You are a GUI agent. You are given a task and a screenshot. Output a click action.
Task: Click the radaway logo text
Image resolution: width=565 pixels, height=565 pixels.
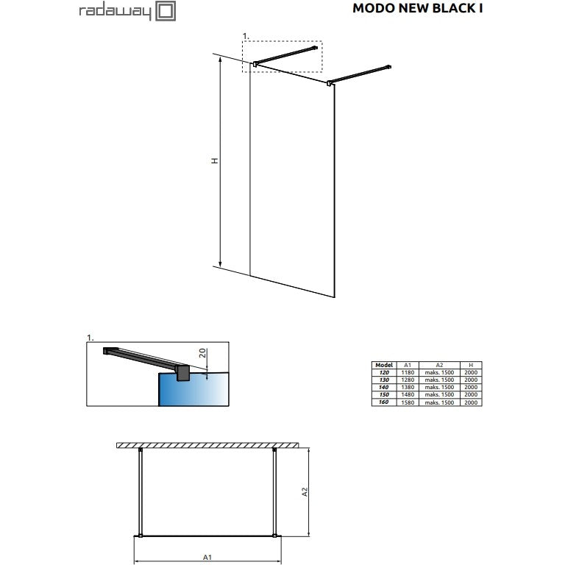coord(115,12)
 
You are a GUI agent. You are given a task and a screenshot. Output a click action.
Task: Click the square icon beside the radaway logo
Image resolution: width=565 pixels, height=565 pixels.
coord(166,11)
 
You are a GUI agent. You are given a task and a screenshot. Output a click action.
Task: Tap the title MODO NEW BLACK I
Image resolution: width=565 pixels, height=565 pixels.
coord(418,8)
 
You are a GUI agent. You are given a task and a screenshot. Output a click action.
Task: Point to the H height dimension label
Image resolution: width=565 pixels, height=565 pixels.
coord(215,160)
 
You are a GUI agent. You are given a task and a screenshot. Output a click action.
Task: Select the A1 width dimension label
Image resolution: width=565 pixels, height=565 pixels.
coord(207,558)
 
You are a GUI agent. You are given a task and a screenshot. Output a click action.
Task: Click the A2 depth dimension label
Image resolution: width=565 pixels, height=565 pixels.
coord(305,492)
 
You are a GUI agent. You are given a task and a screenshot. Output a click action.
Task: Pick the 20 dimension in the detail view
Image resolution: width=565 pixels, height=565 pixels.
coord(203,353)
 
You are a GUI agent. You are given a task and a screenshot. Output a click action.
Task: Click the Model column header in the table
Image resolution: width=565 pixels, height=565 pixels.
coord(384,365)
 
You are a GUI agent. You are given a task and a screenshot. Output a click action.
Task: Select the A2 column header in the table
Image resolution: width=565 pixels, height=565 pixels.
coord(439,365)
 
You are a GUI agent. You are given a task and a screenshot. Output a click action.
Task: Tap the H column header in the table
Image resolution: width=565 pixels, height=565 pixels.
coord(471,365)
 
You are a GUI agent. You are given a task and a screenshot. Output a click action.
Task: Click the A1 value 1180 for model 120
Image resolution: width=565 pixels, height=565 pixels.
coord(408,372)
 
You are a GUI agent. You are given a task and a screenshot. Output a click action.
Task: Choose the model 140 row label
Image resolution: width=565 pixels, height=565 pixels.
coord(383,388)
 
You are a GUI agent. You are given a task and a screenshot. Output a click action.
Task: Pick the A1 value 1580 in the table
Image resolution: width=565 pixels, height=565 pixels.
coord(408,402)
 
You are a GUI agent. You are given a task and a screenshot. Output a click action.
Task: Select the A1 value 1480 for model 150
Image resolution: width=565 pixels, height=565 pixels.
coord(408,394)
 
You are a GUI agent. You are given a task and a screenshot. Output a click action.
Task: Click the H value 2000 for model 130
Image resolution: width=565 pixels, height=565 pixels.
coord(471,380)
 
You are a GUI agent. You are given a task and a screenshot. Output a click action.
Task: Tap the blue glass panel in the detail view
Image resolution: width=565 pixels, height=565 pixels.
coord(193,389)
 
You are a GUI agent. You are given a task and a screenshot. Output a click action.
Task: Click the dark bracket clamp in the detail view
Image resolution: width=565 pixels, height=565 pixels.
coord(182,373)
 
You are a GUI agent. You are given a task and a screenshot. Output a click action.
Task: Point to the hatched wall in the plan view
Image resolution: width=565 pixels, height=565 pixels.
coord(207,445)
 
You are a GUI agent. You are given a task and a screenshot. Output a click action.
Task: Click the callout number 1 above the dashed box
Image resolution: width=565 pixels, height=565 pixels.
coord(246,36)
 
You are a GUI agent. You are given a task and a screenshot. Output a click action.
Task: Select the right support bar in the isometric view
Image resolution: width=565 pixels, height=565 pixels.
coord(360,74)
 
